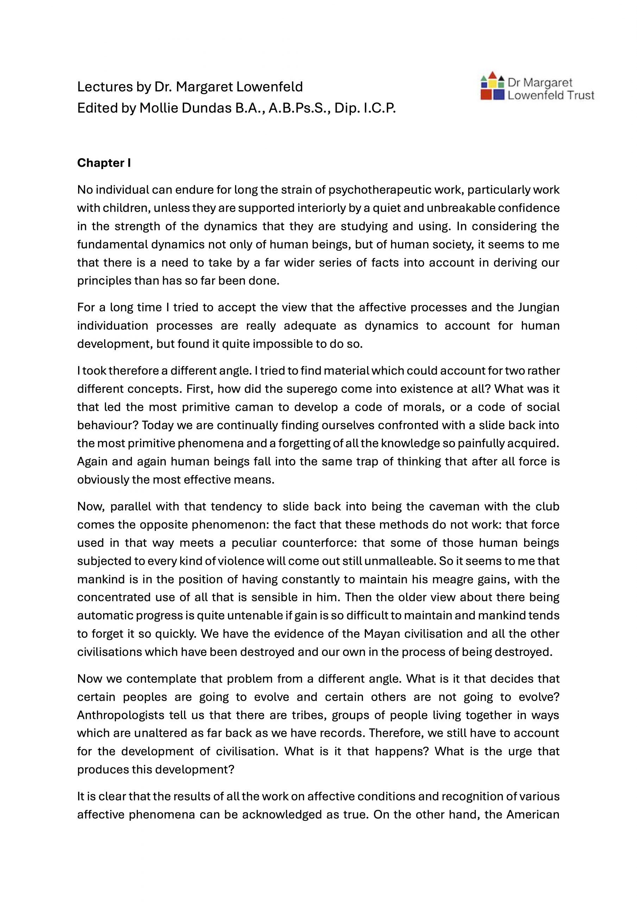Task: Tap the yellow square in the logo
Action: [x=492, y=84]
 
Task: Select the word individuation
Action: [x=112, y=326]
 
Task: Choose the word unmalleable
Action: [x=399, y=561]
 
